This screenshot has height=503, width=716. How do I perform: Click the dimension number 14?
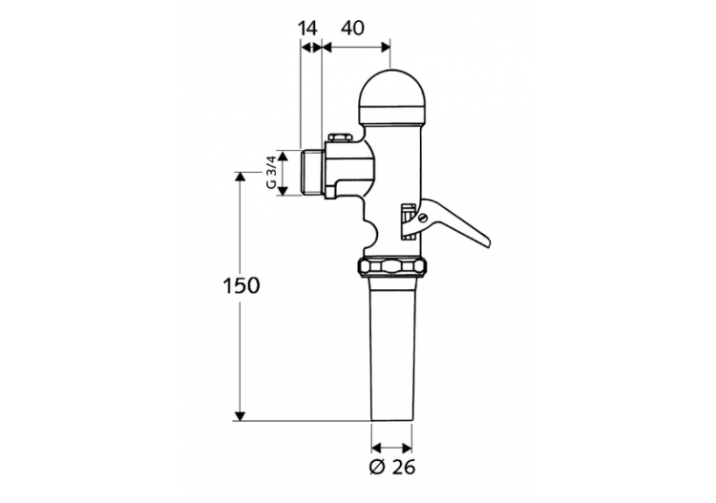(307, 29)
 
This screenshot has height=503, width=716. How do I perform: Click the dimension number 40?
(351, 29)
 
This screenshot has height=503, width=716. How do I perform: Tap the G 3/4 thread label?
(271, 172)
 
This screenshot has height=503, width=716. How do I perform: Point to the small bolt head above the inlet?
(337, 139)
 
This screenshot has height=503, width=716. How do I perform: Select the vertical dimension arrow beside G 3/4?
(284, 172)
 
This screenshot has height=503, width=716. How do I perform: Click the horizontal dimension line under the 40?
(356, 45)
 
